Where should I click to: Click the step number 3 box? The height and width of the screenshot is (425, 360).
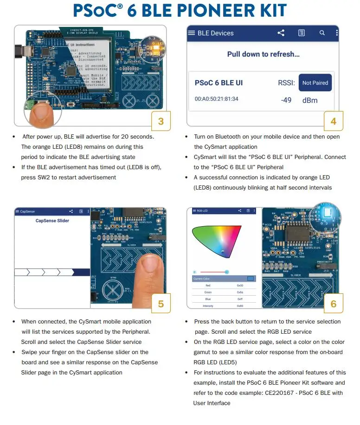161,122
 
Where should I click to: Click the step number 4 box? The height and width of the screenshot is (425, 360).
334,122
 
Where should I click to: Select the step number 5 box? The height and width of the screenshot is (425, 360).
161,304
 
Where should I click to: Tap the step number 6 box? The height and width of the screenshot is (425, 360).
334,304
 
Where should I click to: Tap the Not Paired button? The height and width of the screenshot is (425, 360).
315,83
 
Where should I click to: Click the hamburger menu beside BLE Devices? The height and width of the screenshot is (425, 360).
191,33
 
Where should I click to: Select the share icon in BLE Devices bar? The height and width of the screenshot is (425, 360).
281,33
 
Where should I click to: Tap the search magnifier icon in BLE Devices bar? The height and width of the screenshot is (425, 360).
322,33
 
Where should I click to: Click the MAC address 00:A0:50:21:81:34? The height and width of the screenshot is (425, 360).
217,99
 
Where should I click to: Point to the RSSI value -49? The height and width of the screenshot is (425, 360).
286,100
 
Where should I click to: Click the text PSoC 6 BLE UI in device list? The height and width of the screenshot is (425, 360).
219,83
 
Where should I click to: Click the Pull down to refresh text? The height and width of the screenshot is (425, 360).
263,54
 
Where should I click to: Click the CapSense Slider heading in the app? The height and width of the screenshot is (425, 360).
52,221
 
